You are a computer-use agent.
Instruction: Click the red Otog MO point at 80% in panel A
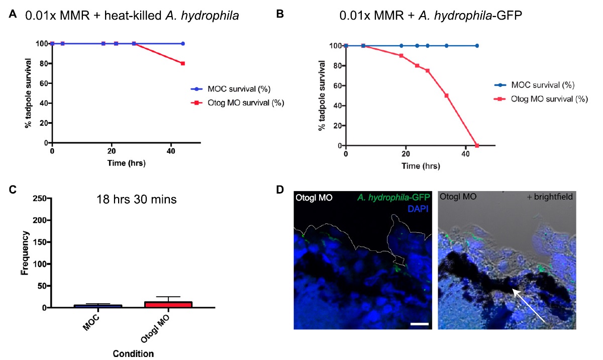(183, 63)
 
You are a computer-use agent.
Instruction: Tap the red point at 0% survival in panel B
(477, 146)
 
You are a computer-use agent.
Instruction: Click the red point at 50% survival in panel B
(446, 96)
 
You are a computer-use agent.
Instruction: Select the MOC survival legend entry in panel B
(536, 85)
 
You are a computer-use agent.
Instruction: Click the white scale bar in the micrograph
(419, 324)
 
